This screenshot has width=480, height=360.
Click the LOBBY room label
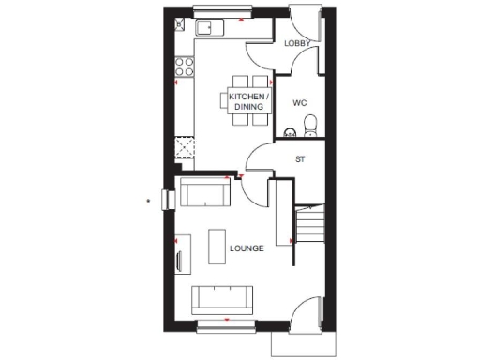click(x=298, y=42)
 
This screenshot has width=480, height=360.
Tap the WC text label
click(x=300, y=102)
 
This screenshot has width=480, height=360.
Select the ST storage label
click(x=300, y=158)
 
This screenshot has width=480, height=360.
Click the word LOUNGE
click(x=247, y=248)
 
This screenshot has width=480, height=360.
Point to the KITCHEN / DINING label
click(x=248, y=101)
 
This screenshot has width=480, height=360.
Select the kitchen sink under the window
click(x=207, y=26)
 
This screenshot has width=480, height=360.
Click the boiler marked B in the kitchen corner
click(x=179, y=25)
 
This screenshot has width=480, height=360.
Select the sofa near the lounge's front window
click(x=223, y=298)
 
